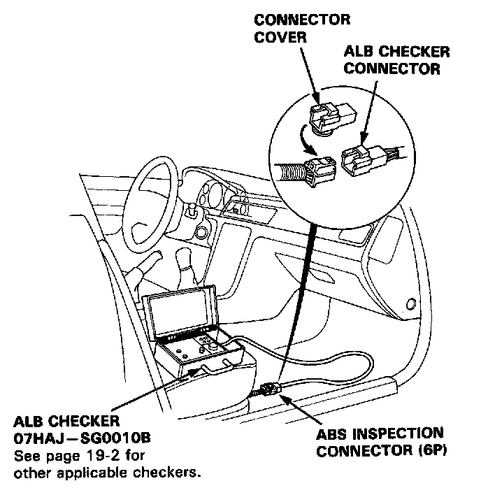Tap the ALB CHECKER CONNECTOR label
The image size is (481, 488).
[394, 61]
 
